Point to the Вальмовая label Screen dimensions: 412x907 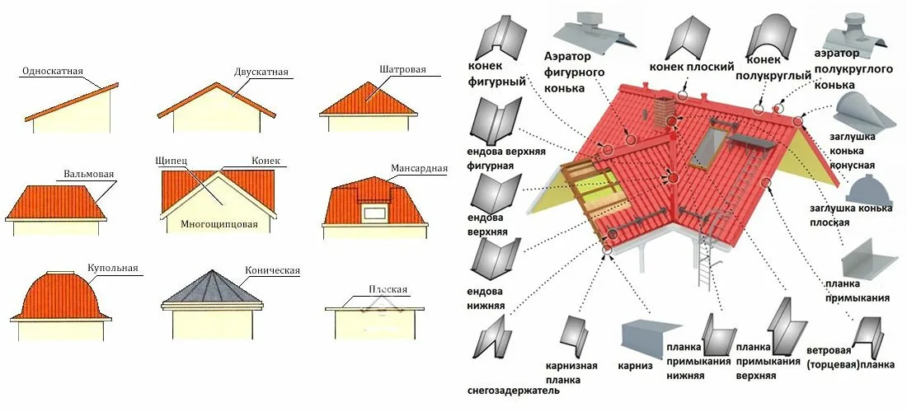88,174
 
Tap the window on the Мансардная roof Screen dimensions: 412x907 375,215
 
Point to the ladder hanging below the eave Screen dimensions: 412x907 704,259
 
